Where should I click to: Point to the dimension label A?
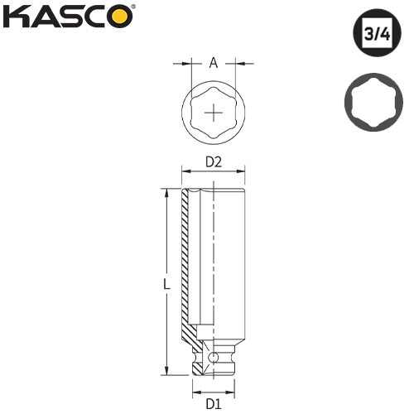point(214,62)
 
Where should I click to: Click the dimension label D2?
point(214,163)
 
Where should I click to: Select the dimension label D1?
point(214,404)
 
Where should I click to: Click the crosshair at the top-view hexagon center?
point(214,111)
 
